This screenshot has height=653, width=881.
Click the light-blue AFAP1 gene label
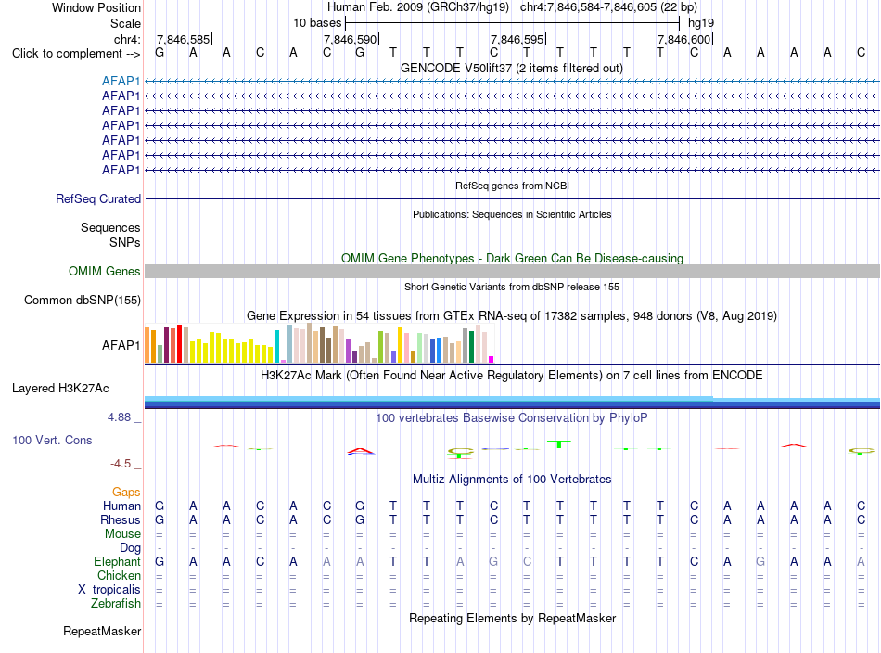[x=121, y=81]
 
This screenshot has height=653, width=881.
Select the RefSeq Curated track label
[x=98, y=198]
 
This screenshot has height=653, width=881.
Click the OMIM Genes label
[x=105, y=272]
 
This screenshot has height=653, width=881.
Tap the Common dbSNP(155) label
[x=83, y=301]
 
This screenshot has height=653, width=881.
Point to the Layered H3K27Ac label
[x=60, y=389]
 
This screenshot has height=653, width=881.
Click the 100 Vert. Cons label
[x=52, y=440]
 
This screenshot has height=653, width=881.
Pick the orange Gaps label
[x=126, y=493]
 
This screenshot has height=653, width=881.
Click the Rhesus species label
[x=121, y=519]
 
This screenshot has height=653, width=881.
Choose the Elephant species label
[x=118, y=561]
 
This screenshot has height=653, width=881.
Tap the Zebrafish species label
[x=116, y=604]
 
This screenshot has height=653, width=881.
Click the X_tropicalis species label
[x=109, y=590]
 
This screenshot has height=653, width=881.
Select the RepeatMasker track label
[x=102, y=632]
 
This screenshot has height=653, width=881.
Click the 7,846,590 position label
[x=350, y=39]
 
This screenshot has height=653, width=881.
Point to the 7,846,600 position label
[x=683, y=39]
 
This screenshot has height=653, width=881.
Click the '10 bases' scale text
[x=317, y=23]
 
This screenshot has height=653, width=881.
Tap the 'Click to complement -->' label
[x=76, y=54]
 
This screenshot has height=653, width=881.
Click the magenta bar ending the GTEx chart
[x=492, y=359]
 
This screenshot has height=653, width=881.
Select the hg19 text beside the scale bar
[x=701, y=23]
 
